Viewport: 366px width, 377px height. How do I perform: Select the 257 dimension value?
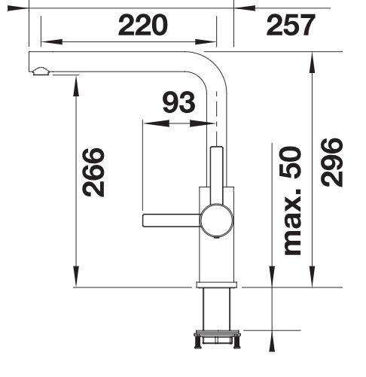290,26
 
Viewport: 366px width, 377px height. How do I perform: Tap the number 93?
178,103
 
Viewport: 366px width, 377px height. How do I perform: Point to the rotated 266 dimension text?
93,172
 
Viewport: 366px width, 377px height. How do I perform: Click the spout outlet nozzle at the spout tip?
41,72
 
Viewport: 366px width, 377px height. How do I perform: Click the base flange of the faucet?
216,284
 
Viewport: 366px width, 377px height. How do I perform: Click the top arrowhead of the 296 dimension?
310,59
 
